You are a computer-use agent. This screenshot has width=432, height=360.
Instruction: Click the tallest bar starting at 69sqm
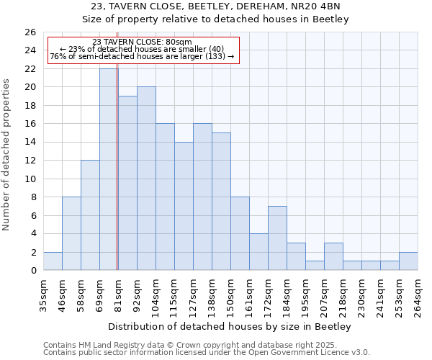(109, 169)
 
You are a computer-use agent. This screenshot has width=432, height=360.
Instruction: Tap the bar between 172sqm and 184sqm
(277, 238)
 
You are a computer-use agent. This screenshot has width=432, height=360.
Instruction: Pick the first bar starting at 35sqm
(53, 261)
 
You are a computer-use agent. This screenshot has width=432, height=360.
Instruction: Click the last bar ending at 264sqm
(408, 261)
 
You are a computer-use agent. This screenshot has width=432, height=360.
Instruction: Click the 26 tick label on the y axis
(30, 32)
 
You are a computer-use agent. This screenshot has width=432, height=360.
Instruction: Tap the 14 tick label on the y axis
(30, 143)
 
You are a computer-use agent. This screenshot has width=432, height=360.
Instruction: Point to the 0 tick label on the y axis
(32, 271)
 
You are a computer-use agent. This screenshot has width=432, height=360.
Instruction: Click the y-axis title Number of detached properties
(7, 151)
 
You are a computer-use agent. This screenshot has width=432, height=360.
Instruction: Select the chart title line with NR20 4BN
(216, 7)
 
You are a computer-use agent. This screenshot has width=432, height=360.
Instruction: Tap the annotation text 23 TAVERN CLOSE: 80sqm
(143, 42)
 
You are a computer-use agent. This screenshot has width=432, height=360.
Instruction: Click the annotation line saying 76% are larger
(143, 56)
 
